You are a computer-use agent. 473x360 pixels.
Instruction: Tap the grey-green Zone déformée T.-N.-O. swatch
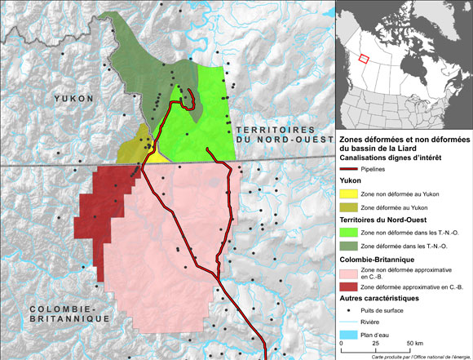pyautogui.click(x=349, y=247)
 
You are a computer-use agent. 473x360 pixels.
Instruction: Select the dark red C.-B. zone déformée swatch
pyautogui.click(x=349, y=287)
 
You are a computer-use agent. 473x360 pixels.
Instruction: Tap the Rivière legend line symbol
pyautogui.click(x=349, y=322)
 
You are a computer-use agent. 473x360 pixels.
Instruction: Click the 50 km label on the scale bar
pyautogui.click(x=415, y=344)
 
